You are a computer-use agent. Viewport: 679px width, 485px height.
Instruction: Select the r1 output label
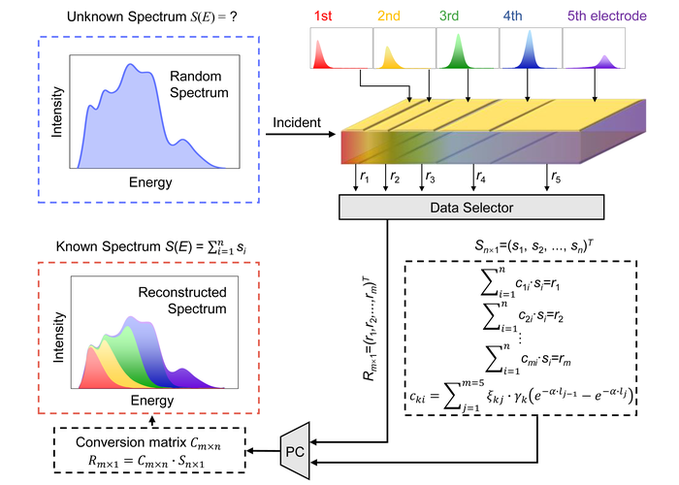pos(366,178)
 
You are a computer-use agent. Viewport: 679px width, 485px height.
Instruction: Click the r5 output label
pos(555,178)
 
